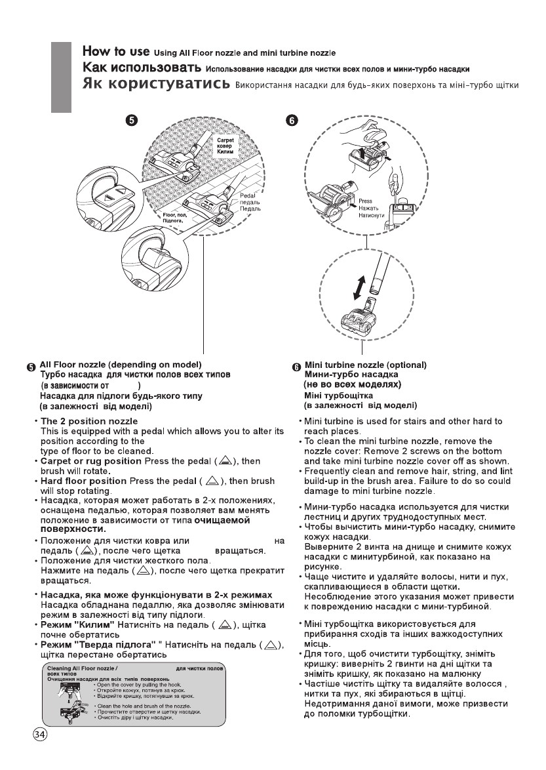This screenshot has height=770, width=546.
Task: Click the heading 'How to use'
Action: coord(116,51)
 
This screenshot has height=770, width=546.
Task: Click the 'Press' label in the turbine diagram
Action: coord(366,202)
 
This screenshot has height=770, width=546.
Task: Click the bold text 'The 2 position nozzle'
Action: coord(89,420)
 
